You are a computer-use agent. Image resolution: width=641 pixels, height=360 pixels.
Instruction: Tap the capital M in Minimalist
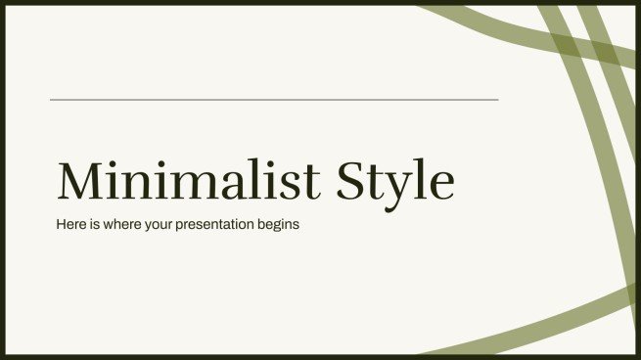tap(81, 182)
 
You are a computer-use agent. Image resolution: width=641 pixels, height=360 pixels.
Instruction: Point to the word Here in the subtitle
tap(70, 225)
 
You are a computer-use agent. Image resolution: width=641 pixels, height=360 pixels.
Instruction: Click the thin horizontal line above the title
tap(274, 99)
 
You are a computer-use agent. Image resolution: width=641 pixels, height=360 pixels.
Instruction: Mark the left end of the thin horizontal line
tap(51, 99)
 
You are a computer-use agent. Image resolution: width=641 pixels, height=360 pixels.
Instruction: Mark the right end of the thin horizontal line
tap(497, 99)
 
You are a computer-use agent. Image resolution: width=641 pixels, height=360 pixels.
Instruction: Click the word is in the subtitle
tap(95, 225)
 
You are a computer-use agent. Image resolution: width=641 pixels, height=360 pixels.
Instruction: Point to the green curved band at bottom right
tap(548, 322)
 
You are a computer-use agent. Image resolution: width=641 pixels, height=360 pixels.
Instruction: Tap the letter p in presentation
tap(180, 227)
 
